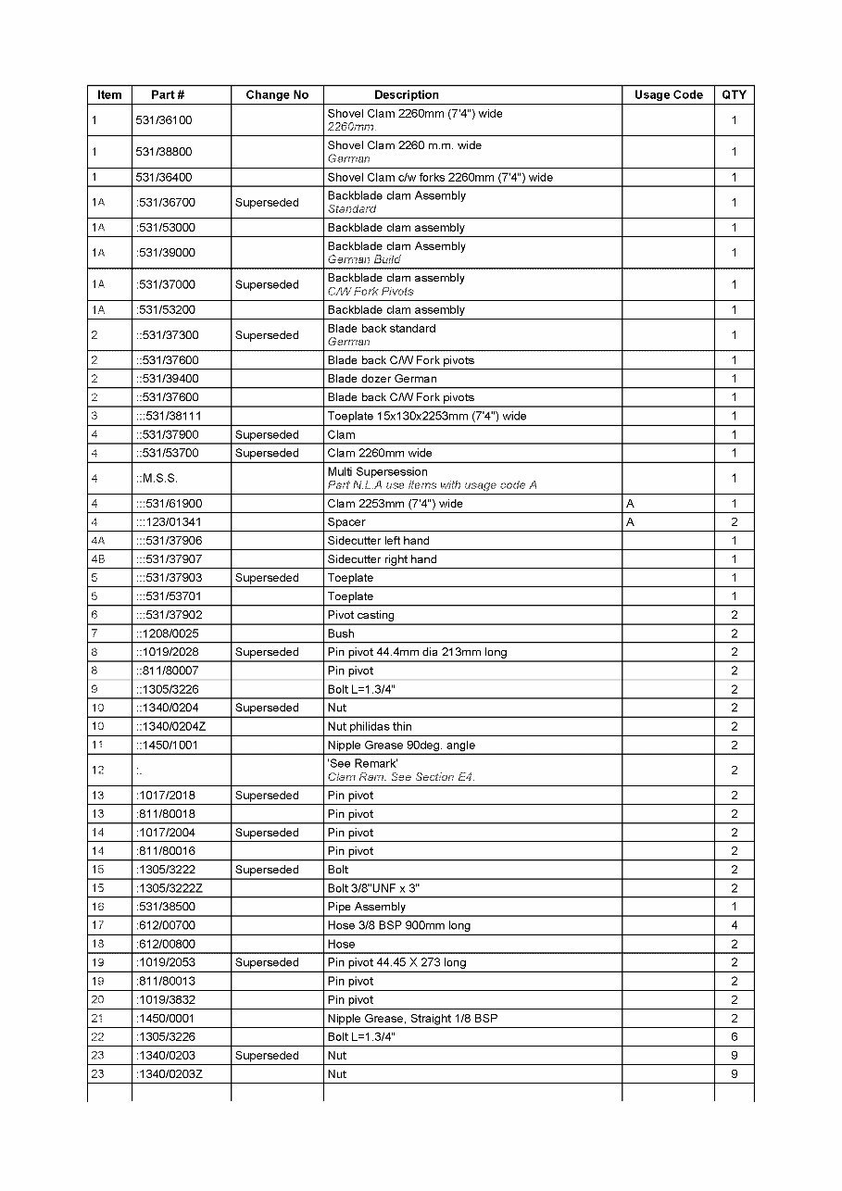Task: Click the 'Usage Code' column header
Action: click(668, 94)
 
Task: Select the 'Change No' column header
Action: click(277, 94)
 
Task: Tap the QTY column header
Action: click(734, 94)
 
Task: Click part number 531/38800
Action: click(164, 152)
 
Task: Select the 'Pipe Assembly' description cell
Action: click(366, 907)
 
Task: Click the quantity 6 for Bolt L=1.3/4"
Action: click(734, 1037)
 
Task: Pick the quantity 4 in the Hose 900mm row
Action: click(734, 925)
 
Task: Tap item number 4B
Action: click(98, 559)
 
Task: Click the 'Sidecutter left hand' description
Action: click(378, 541)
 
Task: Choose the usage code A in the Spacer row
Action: click(630, 522)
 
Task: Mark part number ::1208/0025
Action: click(167, 633)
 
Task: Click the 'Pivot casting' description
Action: click(360, 615)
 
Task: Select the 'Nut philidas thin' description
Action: click(370, 726)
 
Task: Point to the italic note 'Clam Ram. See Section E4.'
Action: click(400, 777)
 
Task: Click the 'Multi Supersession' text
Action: click(377, 471)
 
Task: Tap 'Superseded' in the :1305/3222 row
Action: click(267, 870)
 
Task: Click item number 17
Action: click(97, 925)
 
